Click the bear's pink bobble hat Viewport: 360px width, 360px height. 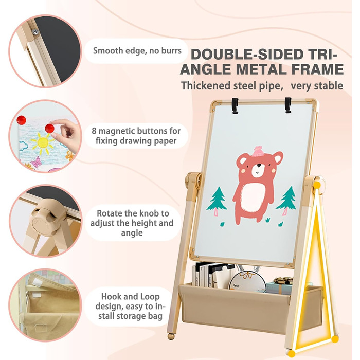pyautogui.click(x=259, y=151)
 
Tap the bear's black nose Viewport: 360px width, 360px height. pyautogui.click(x=259, y=165)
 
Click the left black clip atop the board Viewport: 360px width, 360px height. pyautogui.click(x=235, y=106)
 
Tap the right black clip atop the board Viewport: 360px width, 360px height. pyautogui.click(x=288, y=105)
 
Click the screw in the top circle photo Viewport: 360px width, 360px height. pyautogui.click(x=35, y=32)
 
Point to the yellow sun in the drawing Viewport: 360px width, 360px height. pyautogui.click(x=43, y=143)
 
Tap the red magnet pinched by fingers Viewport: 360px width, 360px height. pyautogui.click(x=49, y=129)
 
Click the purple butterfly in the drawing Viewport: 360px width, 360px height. pyautogui.click(x=37, y=162)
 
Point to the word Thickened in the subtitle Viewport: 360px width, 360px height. pyautogui.click(x=206, y=86)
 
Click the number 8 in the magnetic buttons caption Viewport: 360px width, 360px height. pyautogui.click(x=94, y=131)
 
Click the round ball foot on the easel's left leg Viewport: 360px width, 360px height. pyautogui.click(x=171, y=336)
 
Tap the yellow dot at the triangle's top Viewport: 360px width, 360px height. pyautogui.click(x=317, y=185)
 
